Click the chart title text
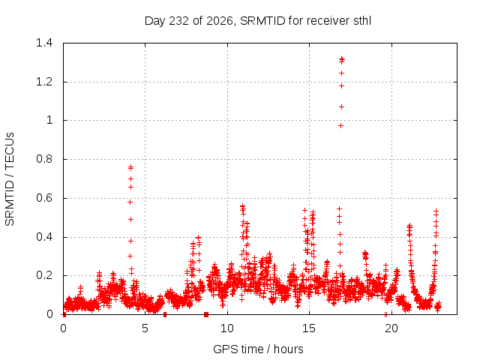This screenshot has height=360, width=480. click(x=258, y=21)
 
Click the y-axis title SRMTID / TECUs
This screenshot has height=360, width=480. click(x=10, y=179)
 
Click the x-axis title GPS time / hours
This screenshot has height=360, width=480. click(x=258, y=349)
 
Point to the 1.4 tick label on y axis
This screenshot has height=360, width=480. click(x=44, y=43)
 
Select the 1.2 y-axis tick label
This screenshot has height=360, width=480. click(x=44, y=82)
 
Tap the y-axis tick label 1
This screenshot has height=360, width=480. click(x=49, y=120)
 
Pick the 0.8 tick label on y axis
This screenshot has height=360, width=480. click(x=44, y=159)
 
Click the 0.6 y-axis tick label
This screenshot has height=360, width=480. click(x=44, y=198)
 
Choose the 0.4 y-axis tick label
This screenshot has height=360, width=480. click(x=44, y=237)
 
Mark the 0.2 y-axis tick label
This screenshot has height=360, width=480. click(x=44, y=275)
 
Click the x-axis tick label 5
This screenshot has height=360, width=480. click(x=145, y=328)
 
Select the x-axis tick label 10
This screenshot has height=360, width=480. click(x=227, y=328)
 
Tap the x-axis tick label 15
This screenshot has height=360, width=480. click(x=309, y=328)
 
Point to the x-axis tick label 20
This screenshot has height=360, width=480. click(x=391, y=328)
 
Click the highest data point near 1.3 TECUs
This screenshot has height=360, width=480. click(x=342, y=58)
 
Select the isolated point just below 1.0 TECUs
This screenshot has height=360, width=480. click(x=340, y=126)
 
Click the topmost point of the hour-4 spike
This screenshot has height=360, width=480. click(x=131, y=167)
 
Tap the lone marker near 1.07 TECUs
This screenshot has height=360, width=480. click(x=342, y=106)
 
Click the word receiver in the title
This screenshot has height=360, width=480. click(x=328, y=21)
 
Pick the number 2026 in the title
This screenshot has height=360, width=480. click(x=220, y=21)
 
